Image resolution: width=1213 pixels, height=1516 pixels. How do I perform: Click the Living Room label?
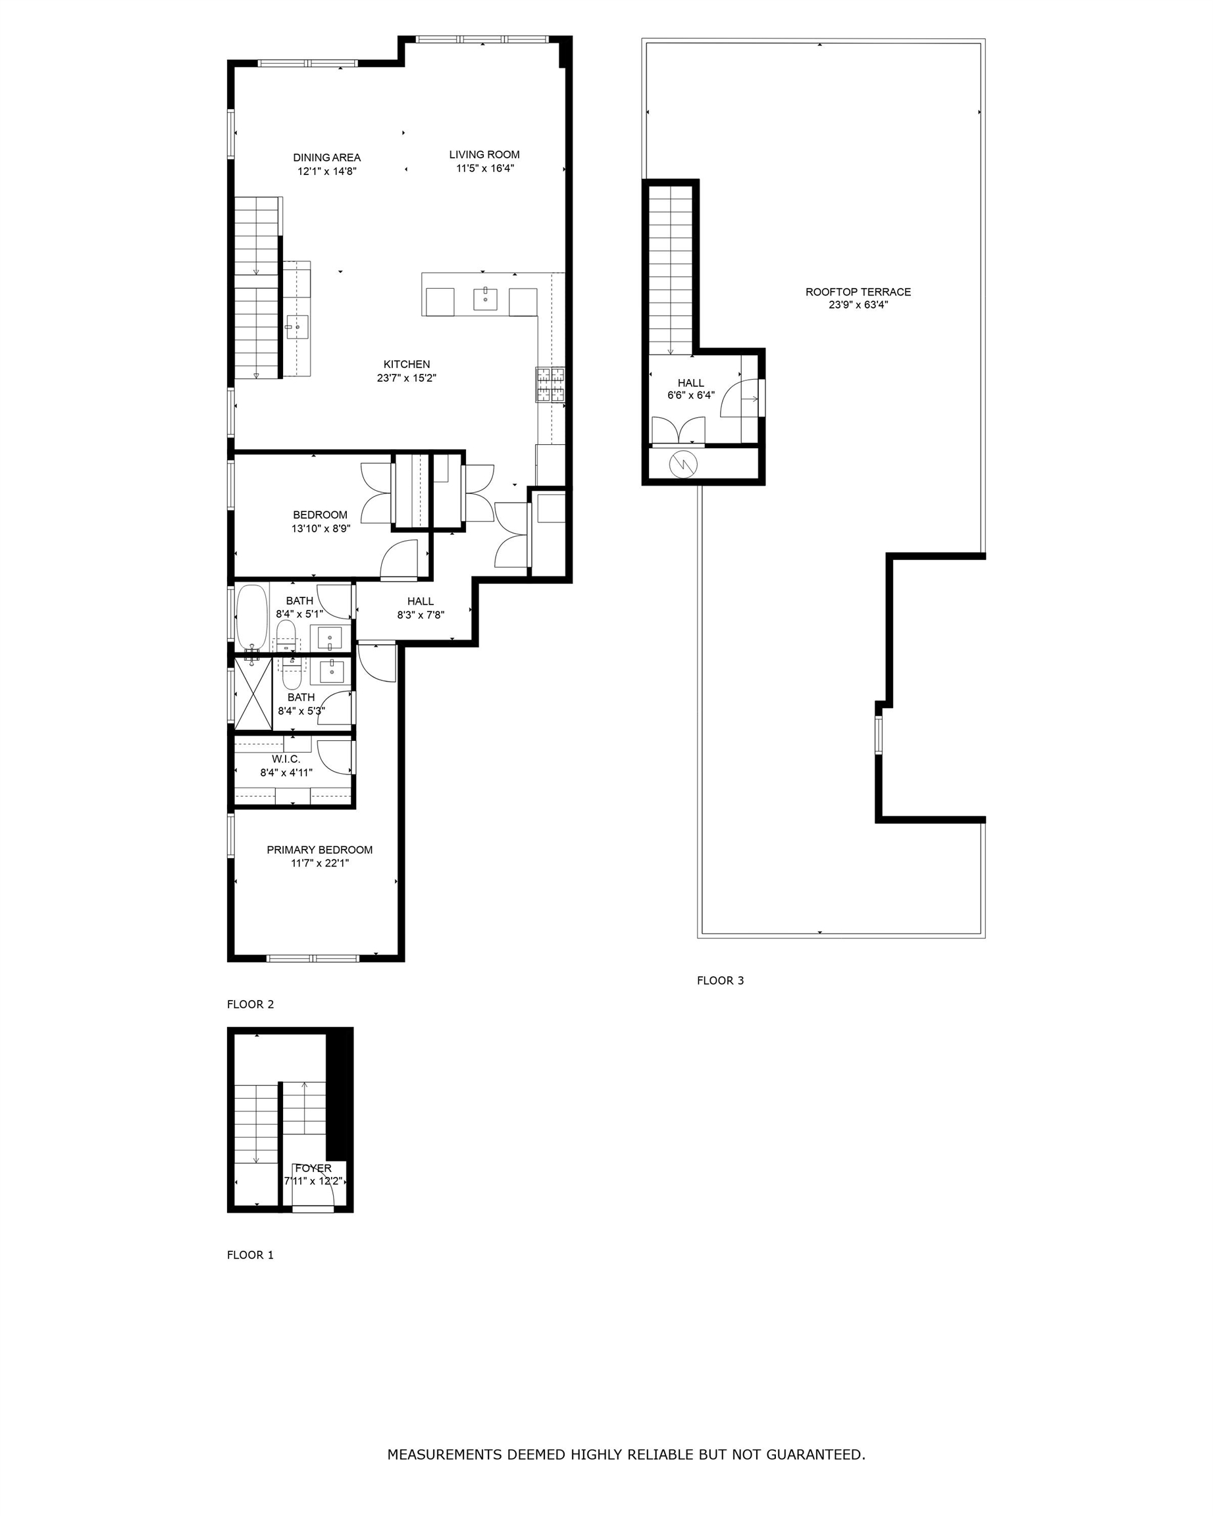484,155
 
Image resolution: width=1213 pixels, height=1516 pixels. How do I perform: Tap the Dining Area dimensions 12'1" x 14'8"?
327,171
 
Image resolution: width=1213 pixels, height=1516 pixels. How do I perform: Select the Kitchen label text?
407,365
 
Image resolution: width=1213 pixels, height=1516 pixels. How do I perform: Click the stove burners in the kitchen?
551,385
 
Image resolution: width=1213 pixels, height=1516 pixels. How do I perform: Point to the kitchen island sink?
485,299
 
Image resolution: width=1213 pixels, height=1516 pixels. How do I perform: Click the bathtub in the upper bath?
251,618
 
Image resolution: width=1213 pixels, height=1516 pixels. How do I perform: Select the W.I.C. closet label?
286,759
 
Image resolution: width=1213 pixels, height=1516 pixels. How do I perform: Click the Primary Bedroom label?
320,849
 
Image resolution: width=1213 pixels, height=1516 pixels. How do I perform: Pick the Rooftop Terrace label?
858,291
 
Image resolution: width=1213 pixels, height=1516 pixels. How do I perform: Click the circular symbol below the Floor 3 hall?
683,463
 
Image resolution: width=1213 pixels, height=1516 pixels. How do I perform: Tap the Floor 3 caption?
720,980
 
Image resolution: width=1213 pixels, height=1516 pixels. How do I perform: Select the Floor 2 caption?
250,1004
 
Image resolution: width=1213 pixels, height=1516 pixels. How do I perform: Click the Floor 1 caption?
250,1254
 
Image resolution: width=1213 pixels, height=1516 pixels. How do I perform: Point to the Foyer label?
313,1168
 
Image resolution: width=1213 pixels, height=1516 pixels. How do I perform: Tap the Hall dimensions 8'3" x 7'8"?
421,615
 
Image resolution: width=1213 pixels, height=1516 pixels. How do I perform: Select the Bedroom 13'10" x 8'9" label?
321,522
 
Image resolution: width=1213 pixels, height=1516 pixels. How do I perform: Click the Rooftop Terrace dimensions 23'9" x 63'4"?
858,305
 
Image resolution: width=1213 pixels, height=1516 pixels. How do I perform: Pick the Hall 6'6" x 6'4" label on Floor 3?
690,389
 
